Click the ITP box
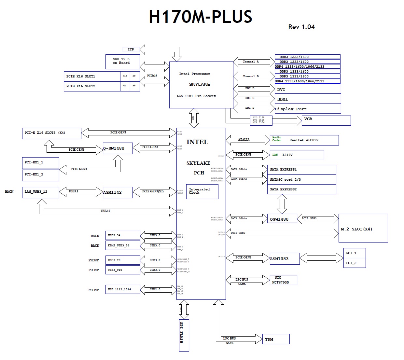(131, 49)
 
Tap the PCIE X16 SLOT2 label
(81, 86)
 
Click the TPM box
(276, 339)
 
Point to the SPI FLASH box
(184, 335)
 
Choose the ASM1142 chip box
(118, 192)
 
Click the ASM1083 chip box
(284, 259)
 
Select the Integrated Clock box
(202, 191)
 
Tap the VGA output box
(326, 120)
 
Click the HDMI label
(283, 99)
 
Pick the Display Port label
(291, 109)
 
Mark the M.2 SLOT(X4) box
(363, 228)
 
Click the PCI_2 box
(355, 263)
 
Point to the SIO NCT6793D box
(283, 280)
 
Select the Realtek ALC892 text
(304, 140)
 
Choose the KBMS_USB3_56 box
(122, 245)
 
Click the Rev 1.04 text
(301, 27)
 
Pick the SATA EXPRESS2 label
(283, 189)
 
